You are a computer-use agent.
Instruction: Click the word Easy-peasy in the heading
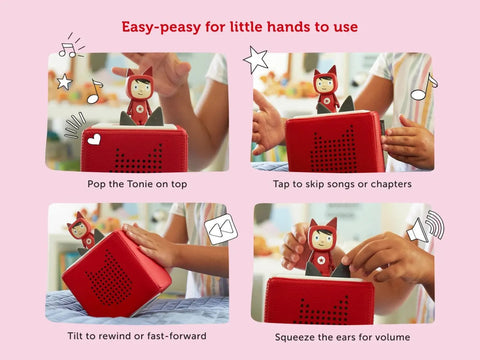pyautogui.click(x=161, y=25)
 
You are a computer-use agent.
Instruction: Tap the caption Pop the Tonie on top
pyautogui.click(x=136, y=184)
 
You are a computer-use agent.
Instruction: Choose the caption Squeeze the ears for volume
pyautogui.click(x=340, y=337)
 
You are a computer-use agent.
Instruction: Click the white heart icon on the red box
pyautogui.click(x=94, y=140)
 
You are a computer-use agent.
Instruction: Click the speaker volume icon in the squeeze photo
pyautogui.click(x=424, y=229)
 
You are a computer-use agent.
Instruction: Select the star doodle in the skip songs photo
pyautogui.click(x=257, y=59)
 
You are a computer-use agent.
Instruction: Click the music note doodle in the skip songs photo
pyautogui.click(x=424, y=88)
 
